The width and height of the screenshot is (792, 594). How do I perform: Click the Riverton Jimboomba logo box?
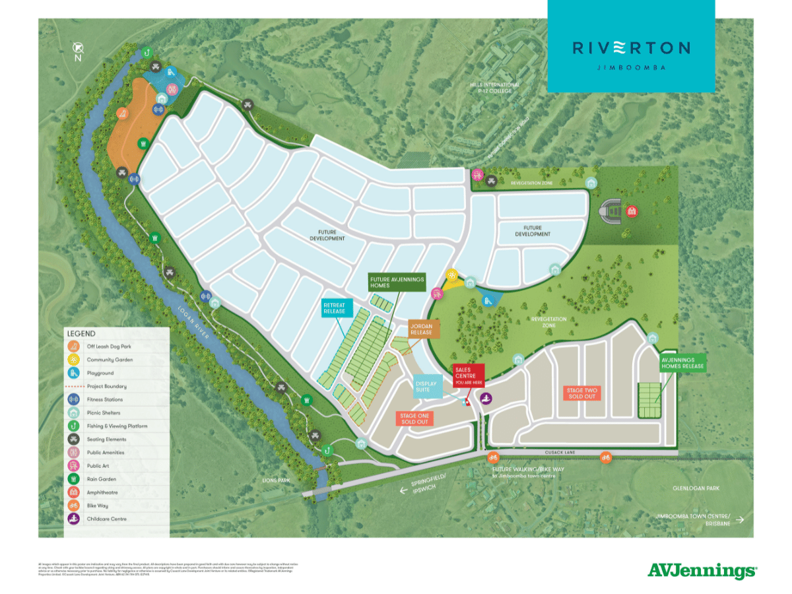(631, 46)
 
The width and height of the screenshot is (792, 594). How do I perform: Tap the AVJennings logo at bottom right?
(702, 570)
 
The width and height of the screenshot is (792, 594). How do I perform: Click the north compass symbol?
(78, 48)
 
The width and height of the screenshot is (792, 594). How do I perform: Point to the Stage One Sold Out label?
(415, 418)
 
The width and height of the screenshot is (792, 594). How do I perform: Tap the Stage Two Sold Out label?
(581, 393)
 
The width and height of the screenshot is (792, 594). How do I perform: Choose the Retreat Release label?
(338, 309)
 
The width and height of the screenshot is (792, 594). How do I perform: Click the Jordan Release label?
(421, 329)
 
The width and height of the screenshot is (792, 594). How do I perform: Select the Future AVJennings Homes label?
(396, 283)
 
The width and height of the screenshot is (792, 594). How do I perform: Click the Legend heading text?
(81, 334)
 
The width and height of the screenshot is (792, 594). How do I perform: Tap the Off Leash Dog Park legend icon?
(74, 346)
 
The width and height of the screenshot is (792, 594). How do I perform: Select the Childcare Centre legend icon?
(74, 519)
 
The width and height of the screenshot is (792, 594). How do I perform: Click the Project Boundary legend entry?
(106, 386)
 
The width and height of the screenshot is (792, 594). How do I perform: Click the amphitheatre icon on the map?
(632, 211)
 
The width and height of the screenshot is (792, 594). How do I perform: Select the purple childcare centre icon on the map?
(486, 398)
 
